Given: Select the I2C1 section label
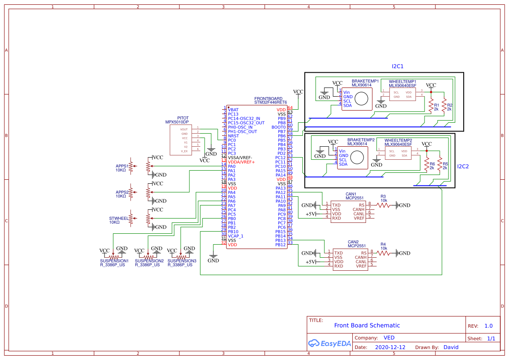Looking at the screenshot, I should pyautogui.click(x=398, y=67).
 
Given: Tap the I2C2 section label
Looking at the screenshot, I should pyautogui.click(x=463, y=166).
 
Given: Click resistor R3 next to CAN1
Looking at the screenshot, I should pyautogui.click(x=384, y=205).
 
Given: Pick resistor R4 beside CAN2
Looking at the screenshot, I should pyautogui.click(x=384, y=252).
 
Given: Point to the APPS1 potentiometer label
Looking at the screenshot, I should pyautogui.click(x=121, y=166).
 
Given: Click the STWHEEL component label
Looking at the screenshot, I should pyautogui.click(x=118, y=218).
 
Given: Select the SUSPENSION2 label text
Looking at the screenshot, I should pyautogui.click(x=149, y=261).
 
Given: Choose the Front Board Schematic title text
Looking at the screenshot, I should pyautogui.click(x=367, y=325).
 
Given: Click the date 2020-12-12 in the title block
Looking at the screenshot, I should pyautogui.click(x=390, y=347).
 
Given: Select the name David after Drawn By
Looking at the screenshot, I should pyautogui.click(x=451, y=347).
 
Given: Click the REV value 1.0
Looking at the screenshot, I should pyautogui.click(x=488, y=326).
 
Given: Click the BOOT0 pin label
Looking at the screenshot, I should pyautogui.click(x=279, y=127).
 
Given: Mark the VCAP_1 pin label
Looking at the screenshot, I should pyautogui.click(x=236, y=236).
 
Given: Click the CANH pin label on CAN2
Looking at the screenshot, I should pyautogui.click(x=361, y=257).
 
